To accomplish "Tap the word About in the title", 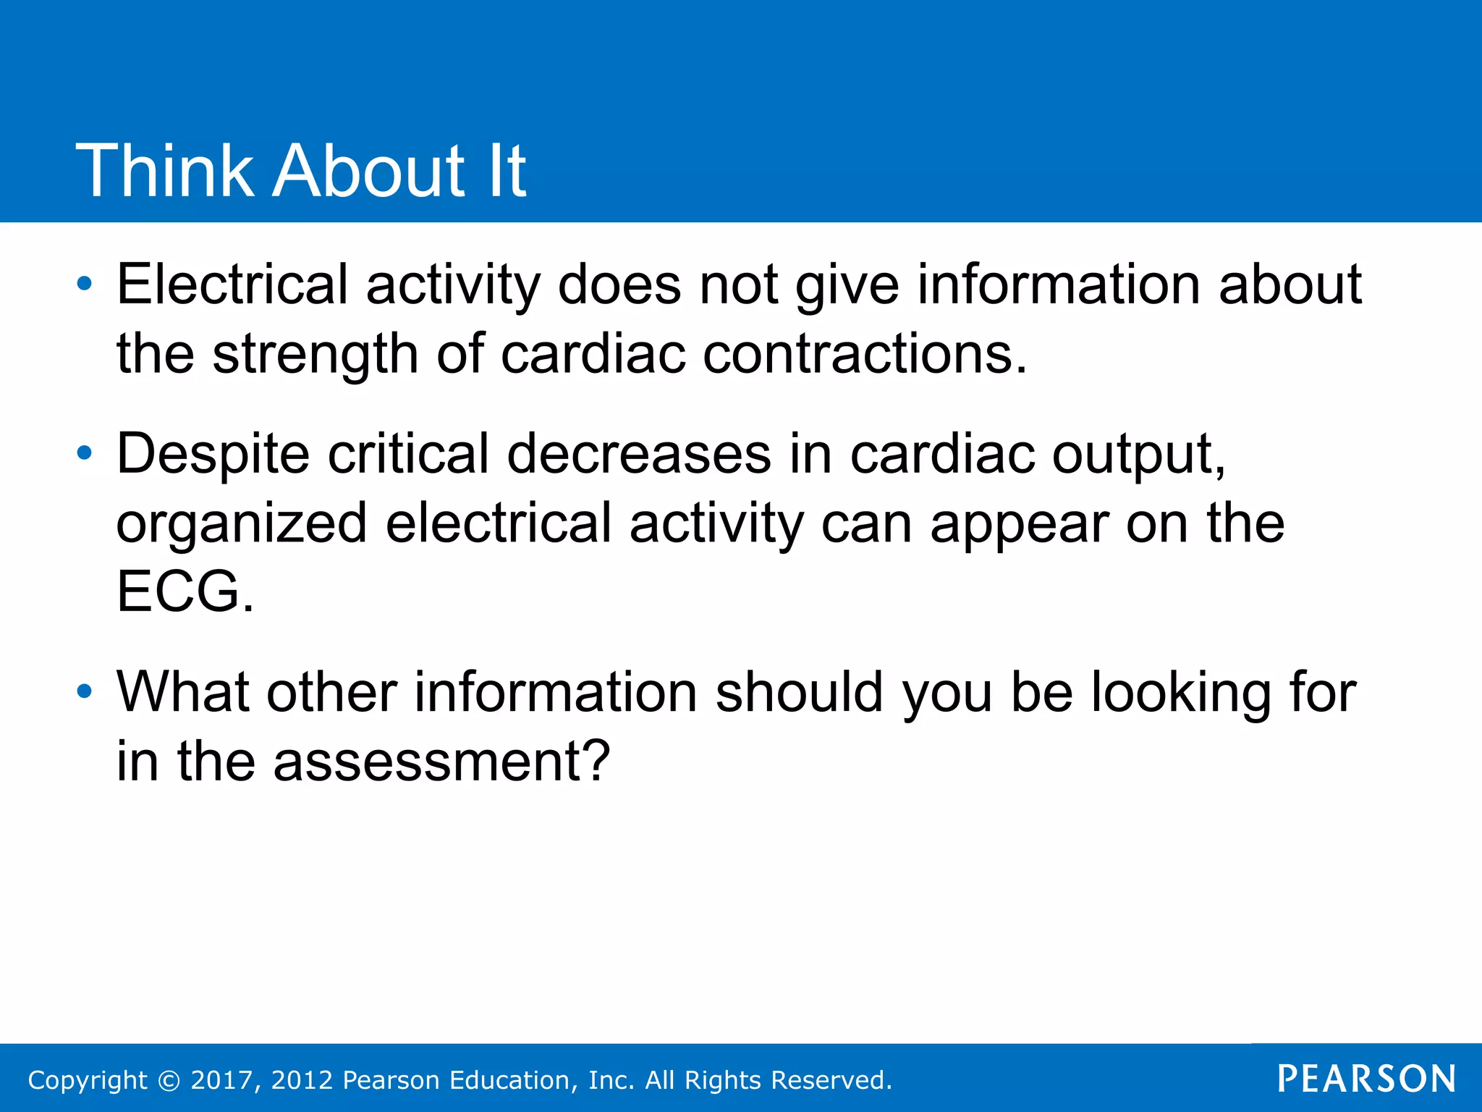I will (368, 171).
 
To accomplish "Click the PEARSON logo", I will (1366, 1079).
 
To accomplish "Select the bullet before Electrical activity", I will (85, 284).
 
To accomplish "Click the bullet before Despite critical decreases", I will (85, 454).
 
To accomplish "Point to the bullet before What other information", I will (85, 692).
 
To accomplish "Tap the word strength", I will (315, 355).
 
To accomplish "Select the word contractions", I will (865, 355).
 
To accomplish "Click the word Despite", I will (213, 454).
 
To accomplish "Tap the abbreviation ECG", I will (185, 591).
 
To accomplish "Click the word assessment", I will (441, 762).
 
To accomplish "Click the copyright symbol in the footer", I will (169, 1080).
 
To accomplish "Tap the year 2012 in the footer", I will (302, 1080).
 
